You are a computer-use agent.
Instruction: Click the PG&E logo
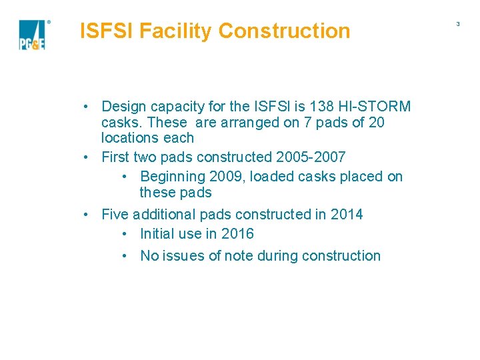(x=32, y=35)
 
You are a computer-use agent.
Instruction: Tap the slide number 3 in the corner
(x=458, y=24)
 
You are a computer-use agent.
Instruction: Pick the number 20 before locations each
(x=376, y=123)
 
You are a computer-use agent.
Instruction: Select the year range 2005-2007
(x=310, y=157)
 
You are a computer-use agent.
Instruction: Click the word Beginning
(x=174, y=177)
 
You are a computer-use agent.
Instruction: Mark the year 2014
(x=347, y=215)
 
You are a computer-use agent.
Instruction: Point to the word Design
(x=122, y=107)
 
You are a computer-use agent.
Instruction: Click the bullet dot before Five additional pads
(x=87, y=215)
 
